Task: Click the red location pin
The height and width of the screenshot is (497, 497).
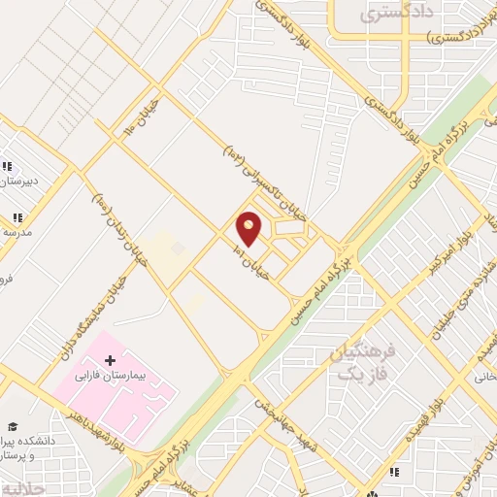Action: point(249,228)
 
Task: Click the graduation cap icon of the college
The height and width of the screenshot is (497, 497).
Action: point(14,426)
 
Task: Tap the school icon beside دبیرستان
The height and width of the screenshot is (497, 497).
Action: point(9,166)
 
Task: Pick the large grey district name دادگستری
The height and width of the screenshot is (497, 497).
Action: point(394,15)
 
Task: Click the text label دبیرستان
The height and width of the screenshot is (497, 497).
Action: point(25,180)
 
